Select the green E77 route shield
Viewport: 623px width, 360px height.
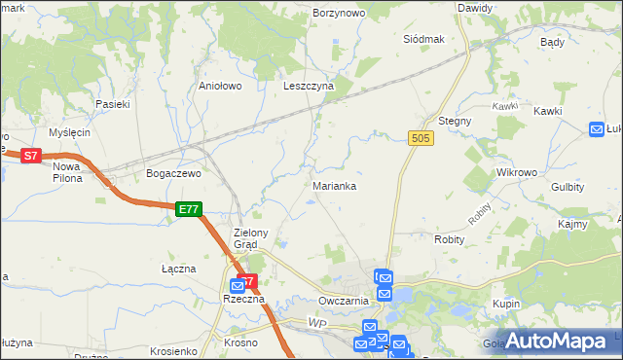click(x=189, y=209)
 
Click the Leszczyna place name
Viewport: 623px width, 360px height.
click(x=309, y=86)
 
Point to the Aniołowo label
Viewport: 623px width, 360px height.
click(x=220, y=86)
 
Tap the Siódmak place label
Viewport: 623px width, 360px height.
click(x=423, y=39)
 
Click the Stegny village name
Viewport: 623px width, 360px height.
click(x=455, y=121)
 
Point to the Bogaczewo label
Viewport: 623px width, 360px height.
click(x=172, y=173)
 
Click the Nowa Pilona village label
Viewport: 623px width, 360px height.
click(x=67, y=172)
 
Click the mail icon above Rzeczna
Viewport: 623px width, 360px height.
click(x=238, y=286)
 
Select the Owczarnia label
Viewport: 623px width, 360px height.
click(x=342, y=301)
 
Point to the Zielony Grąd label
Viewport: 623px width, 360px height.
click(x=257, y=238)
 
